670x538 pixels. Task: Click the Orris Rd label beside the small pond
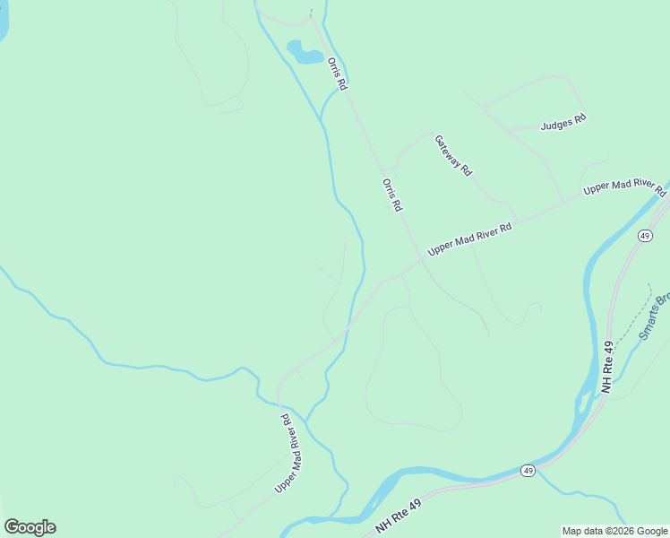click(337, 74)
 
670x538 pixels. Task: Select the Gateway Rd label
click(452, 155)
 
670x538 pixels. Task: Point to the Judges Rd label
click(563, 122)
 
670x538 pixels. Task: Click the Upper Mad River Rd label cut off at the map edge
click(625, 187)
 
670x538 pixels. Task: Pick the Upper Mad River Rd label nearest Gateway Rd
click(469, 240)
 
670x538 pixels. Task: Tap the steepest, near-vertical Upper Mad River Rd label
click(288, 453)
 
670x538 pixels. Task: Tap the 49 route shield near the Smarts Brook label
click(645, 235)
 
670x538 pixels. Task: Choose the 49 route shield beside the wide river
click(528, 471)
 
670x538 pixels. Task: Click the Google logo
click(30, 527)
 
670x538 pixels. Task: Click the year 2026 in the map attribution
click(614, 531)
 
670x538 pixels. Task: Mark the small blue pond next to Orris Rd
click(305, 52)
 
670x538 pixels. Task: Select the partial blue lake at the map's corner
click(3, 22)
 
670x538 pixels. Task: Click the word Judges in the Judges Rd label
click(556, 124)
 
